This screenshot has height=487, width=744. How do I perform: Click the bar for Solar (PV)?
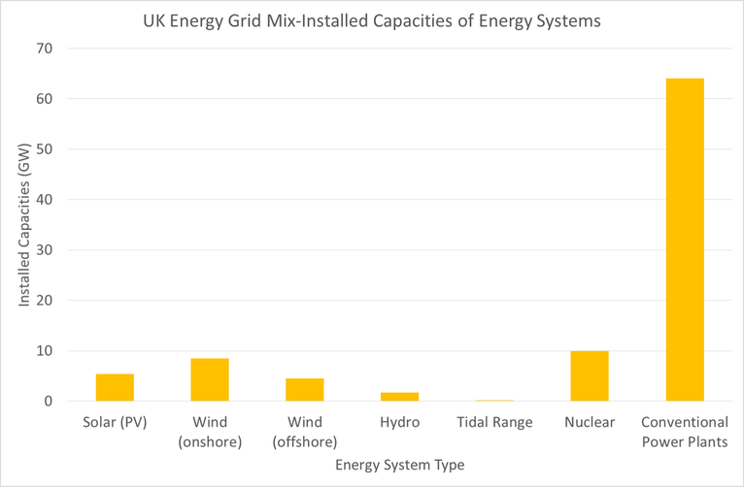115,387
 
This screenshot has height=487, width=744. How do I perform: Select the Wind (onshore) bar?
210,379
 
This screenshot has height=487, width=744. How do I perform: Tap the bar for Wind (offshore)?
305,389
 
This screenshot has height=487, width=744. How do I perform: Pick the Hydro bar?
399,396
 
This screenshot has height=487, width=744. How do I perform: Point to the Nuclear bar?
590,375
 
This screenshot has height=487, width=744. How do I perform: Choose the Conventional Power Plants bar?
685,240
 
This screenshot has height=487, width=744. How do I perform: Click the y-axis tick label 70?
46,49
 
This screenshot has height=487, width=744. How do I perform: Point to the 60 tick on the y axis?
46,99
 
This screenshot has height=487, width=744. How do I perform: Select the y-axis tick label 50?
46,149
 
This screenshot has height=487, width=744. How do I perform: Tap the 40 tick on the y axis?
46,200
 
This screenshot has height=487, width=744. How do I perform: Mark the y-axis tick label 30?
46,250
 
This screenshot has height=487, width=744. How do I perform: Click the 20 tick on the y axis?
46,301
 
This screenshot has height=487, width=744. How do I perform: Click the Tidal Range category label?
494,423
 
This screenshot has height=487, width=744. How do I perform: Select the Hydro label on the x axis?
399,423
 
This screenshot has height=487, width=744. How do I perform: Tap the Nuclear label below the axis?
590,423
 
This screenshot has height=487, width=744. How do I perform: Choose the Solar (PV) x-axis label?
115,423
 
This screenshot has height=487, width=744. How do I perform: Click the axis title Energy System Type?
400,466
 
